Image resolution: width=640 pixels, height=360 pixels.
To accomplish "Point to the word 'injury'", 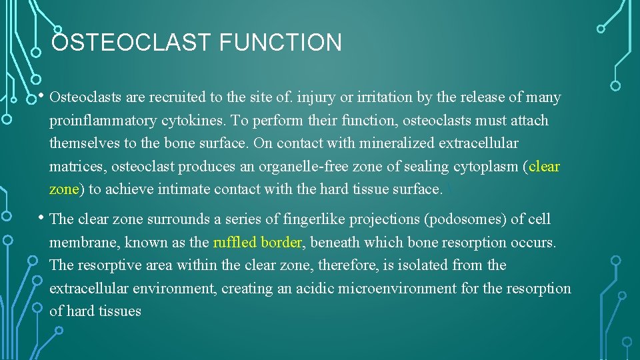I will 317,97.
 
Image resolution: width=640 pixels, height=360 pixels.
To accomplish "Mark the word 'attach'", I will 527,121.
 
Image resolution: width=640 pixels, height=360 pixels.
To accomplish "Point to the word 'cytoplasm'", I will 486,166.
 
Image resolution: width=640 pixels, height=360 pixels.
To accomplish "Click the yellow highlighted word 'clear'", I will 544,166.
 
